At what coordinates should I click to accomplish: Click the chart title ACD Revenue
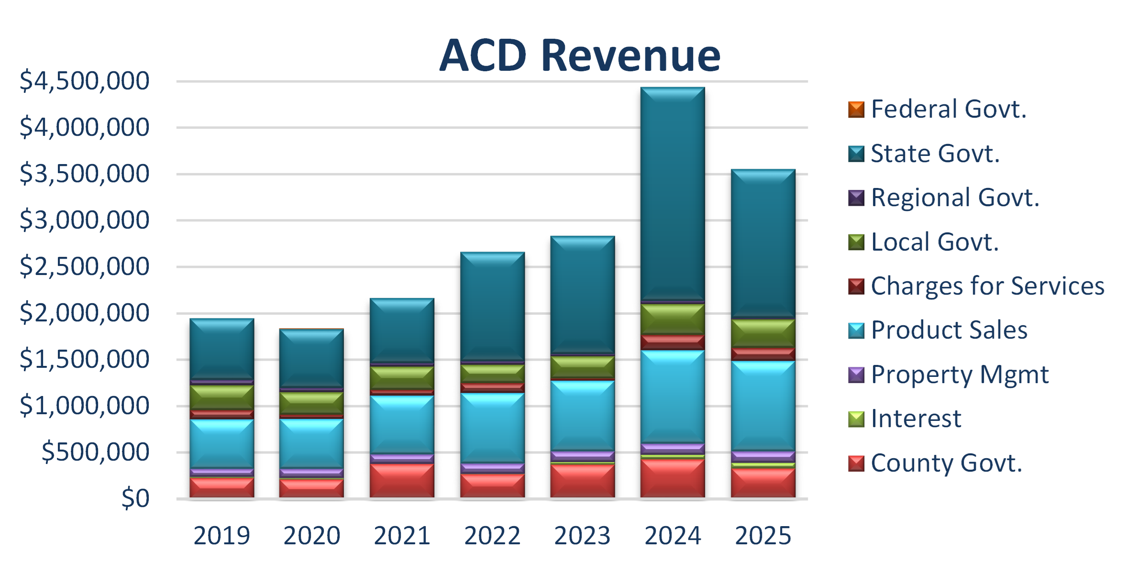[x=580, y=55]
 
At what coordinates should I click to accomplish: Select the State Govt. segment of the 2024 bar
[x=673, y=194]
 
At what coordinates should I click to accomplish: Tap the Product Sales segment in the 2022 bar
[x=492, y=428]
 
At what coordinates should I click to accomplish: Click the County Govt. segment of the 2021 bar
[x=402, y=480]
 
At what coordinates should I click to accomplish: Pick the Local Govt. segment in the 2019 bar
[x=221, y=397]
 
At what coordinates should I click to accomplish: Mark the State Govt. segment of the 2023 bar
[x=582, y=295]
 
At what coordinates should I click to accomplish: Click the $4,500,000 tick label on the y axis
[x=84, y=80]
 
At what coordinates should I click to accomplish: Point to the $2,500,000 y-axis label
[x=84, y=266]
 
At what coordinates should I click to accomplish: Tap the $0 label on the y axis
[x=135, y=498]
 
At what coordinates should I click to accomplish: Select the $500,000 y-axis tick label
[x=95, y=452]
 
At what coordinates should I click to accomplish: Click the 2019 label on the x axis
[x=221, y=535]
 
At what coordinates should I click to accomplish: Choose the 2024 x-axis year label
[x=673, y=535]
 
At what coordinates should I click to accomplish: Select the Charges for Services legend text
[x=987, y=286]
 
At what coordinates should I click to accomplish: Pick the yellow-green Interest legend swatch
[x=856, y=419]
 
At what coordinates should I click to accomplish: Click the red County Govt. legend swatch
[x=856, y=463]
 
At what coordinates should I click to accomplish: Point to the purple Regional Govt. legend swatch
[x=856, y=198]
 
